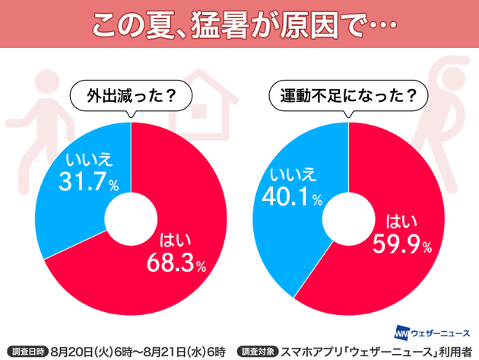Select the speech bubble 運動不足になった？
click(347, 97)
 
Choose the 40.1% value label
click(293, 198)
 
